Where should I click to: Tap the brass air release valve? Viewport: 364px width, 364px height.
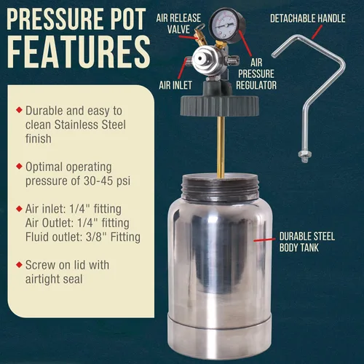tap(200, 36)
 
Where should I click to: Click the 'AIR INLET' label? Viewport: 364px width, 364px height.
tap(175, 85)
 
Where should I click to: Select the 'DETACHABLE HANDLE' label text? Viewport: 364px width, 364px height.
tap(308, 18)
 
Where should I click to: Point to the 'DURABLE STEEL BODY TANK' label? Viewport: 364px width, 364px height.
tap(307, 242)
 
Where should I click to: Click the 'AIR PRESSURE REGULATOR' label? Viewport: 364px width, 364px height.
tap(256, 74)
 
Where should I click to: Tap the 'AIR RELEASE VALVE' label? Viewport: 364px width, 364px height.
tap(178, 23)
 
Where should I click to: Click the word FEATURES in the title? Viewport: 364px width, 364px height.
tap(79, 52)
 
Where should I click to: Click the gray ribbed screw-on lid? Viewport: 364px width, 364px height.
tap(219, 106)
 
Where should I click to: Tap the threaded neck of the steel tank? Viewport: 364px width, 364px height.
tap(221, 187)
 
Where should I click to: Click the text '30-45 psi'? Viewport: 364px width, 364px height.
tap(107, 181)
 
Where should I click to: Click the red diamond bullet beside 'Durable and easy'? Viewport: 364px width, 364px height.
tap(19, 110)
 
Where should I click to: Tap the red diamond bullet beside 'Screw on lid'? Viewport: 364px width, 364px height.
tap(19, 264)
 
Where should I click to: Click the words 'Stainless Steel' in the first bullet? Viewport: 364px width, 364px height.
tap(90, 124)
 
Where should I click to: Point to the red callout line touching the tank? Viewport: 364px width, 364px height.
tap(264, 240)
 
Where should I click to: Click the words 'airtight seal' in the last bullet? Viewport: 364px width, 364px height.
tap(54, 279)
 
